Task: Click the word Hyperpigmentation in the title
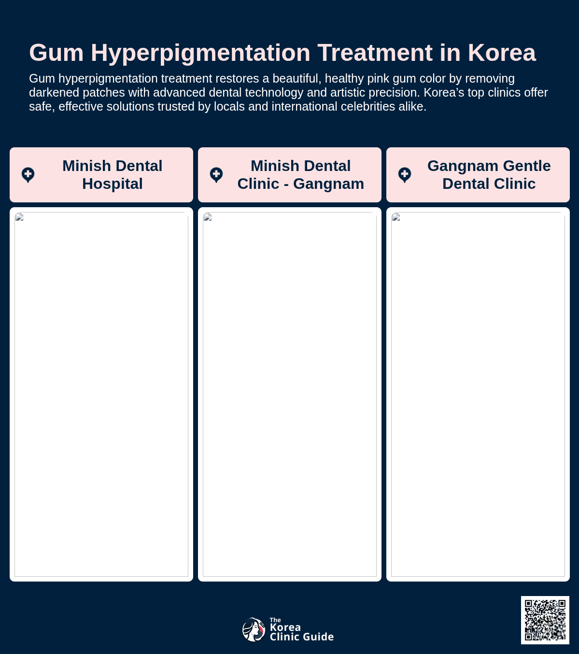200,53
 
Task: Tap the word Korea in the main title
502,53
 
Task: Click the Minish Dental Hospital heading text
113,175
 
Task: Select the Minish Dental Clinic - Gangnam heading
301,175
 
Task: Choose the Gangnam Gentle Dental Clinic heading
489,175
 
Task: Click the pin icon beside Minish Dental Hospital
28,175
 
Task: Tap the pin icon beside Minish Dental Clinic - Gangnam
216,175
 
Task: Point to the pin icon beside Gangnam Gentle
405,175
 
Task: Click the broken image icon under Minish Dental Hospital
19,217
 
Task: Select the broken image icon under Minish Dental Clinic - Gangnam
208,217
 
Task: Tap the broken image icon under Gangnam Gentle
396,217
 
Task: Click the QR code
545,620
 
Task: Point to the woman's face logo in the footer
254,629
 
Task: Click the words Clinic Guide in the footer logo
302,637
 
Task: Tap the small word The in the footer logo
275,620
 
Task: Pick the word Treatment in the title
375,53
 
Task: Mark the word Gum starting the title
56,53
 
